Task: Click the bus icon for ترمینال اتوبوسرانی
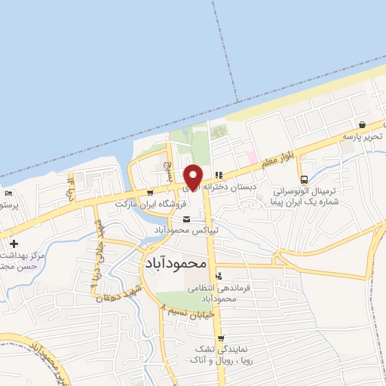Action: (x=304, y=179)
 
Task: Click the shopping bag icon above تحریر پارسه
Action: (x=363, y=124)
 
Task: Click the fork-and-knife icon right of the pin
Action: (x=219, y=175)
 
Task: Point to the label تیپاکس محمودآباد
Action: (x=186, y=228)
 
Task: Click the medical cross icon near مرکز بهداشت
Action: (x=14, y=244)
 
